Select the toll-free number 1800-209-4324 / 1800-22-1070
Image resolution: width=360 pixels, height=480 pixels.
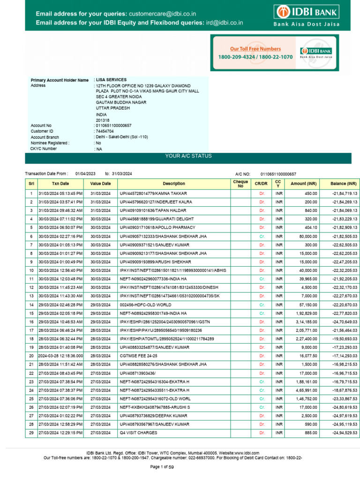click(x=255, y=57)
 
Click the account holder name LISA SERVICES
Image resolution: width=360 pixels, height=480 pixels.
click(x=111, y=80)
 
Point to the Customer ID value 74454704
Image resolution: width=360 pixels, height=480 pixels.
click(x=105, y=132)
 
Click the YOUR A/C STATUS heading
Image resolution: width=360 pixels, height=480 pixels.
click(x=188, y=156)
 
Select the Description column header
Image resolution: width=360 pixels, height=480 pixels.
click(x=174, y=184)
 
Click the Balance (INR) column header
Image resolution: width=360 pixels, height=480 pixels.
click(x=343, y=184)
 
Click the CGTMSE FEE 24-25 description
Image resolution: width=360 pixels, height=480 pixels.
click(x=140, y=356)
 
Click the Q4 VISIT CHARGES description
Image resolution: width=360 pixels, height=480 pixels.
click(x=138, y=433)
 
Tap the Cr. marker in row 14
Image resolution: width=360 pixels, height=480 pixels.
click(x=262, y=304)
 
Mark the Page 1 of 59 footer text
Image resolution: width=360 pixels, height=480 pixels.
click(x=162, y=467)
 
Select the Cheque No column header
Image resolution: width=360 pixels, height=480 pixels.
click(x=240, y=184)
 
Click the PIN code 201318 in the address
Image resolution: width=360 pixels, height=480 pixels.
click(x=102, y=120)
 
